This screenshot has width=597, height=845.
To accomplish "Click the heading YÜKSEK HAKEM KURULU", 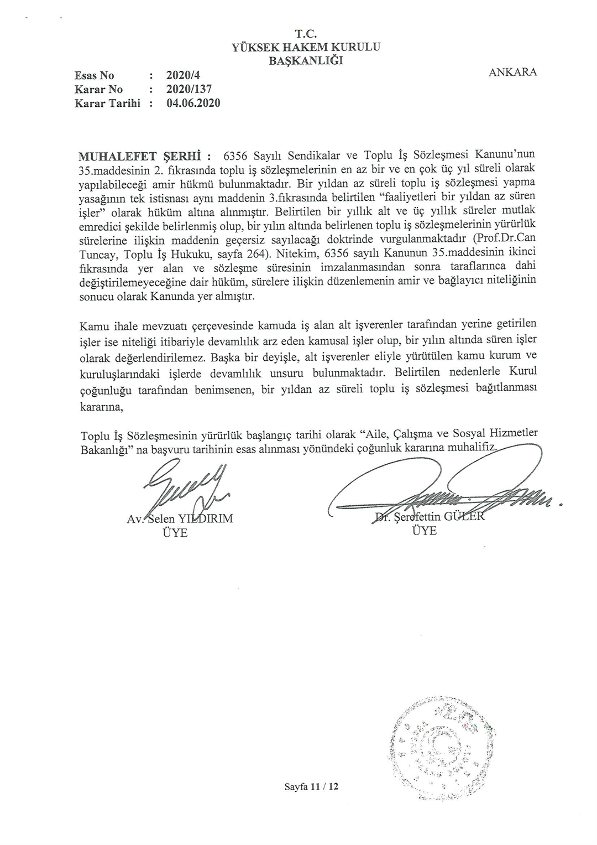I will (x=306, y=48).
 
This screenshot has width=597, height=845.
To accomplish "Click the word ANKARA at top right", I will (x=512, y=72).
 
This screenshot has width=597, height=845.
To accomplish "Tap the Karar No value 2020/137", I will (x=188, y=89).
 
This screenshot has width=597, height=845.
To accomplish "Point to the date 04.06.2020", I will (x=193, y=103).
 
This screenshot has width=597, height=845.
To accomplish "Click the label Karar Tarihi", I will (x=107, y=103).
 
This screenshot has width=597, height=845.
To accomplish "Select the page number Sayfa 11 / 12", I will (x=311, y=786).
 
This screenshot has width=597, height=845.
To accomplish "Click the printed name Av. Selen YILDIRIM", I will (x=180, y=519).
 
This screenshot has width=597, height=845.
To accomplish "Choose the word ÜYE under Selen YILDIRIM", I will (x=175, y=533).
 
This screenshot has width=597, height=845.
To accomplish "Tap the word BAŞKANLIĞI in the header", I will (x=306, y=60).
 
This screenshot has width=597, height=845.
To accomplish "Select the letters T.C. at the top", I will (x=306, y=35).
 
